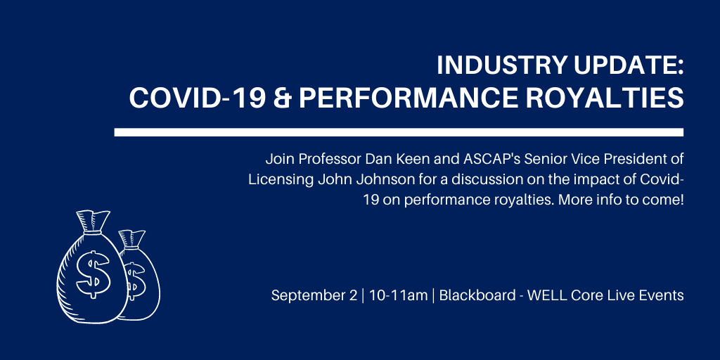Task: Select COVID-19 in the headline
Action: [198, 98]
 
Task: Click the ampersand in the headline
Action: [282, 98]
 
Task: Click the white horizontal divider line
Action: [399, 132]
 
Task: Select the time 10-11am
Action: [399, 296]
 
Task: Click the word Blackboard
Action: [477, 296]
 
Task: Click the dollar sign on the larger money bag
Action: [93, 274]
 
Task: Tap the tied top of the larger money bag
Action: [94, 222]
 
